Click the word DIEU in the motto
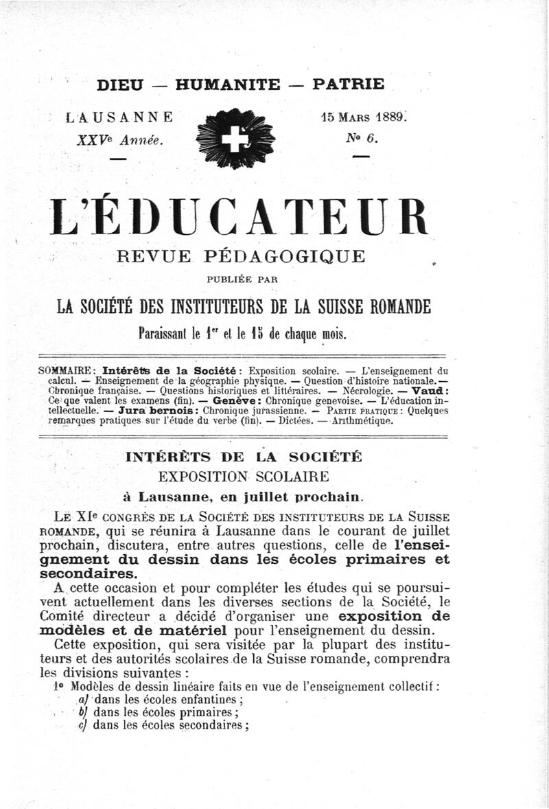click(121, 85)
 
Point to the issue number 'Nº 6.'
click(360, 137)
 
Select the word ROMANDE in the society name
click(393, 307)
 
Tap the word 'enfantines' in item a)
click(211, 700)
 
